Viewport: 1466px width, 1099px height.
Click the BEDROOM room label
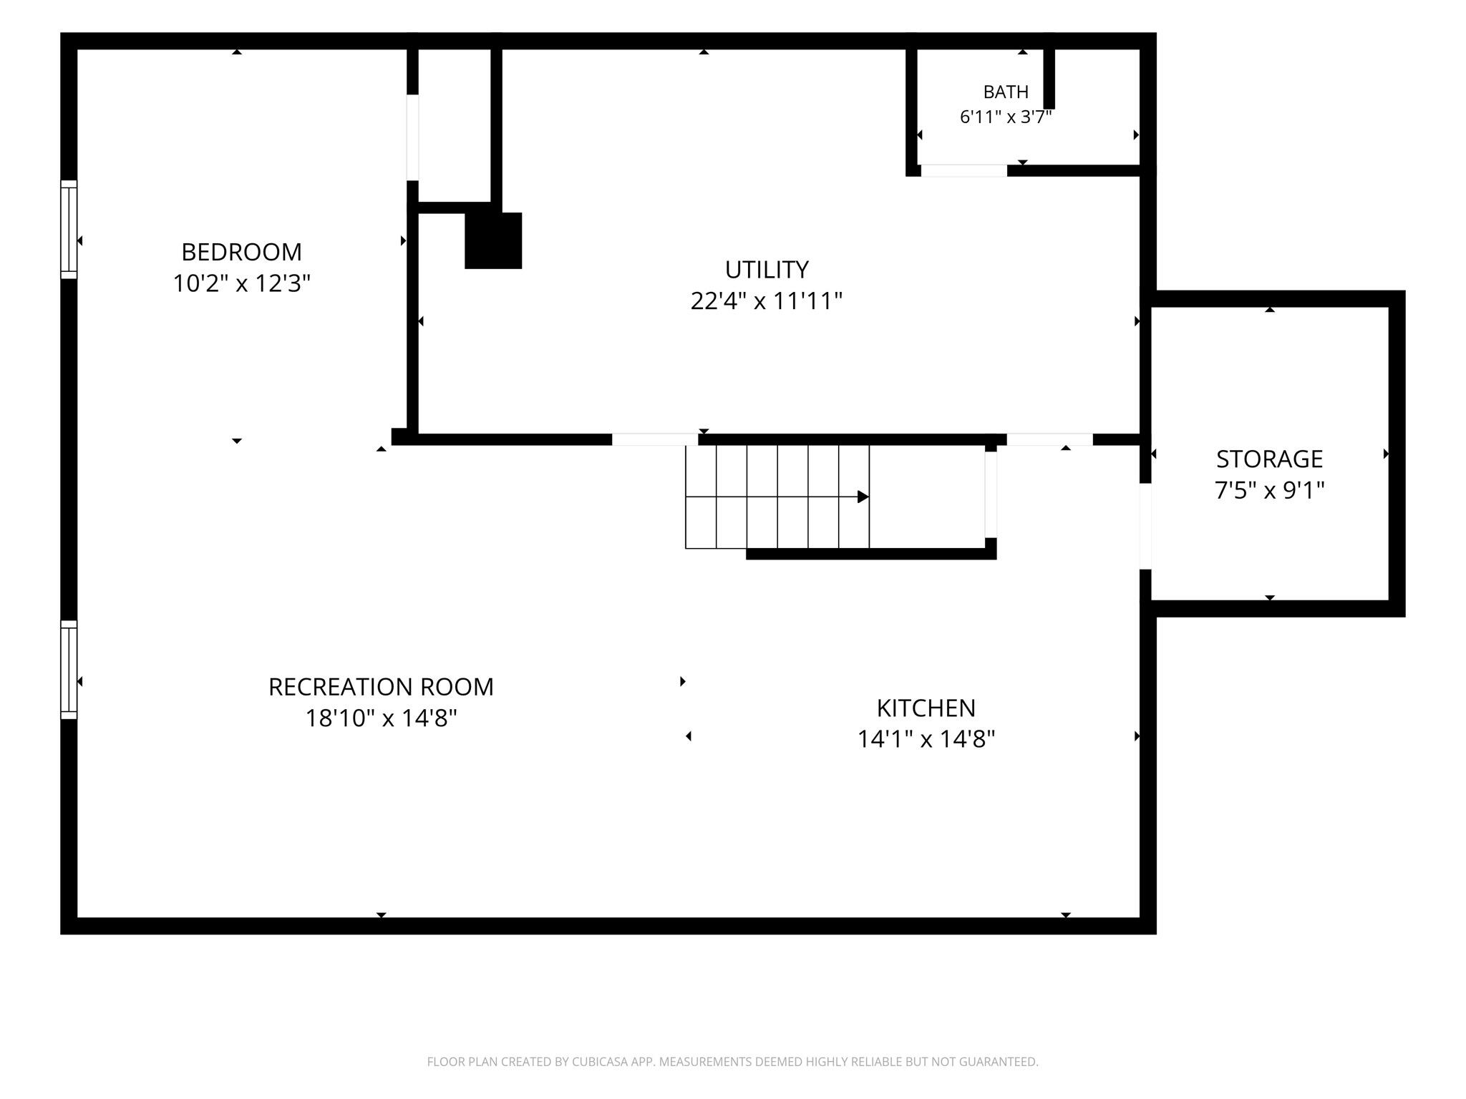click(241, 252)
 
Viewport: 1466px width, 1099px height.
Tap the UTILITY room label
click(767, 270)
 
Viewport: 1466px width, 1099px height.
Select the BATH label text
click(1006, 92)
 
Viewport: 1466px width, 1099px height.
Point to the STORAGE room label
click(1269, 459)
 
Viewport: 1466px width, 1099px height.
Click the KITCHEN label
click(926, 708)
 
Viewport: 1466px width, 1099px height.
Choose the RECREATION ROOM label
click(381, 687)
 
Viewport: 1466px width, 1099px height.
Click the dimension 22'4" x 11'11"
click(767, 301)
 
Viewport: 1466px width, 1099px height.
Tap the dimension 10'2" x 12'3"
click(241, 284)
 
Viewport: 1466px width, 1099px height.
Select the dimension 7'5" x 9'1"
click(1269, 490)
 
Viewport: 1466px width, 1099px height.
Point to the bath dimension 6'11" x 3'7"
click(1006, 117)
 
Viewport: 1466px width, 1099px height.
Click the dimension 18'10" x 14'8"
click(381, 718)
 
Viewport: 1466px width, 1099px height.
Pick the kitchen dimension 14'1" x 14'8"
click(926, 739)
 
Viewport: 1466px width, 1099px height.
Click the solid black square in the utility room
click(493, 240)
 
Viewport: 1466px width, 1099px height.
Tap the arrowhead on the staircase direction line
click(863, 497)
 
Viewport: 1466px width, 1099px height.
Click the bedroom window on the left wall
click(69, 229)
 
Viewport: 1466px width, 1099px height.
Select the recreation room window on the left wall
click(69, 669)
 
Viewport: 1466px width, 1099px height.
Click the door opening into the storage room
click(1145, 526)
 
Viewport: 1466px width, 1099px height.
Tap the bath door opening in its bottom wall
click(963, 170)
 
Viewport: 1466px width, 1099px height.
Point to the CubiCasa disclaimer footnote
click(732, 1062)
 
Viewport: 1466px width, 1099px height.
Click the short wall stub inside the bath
click(1049, 79)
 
